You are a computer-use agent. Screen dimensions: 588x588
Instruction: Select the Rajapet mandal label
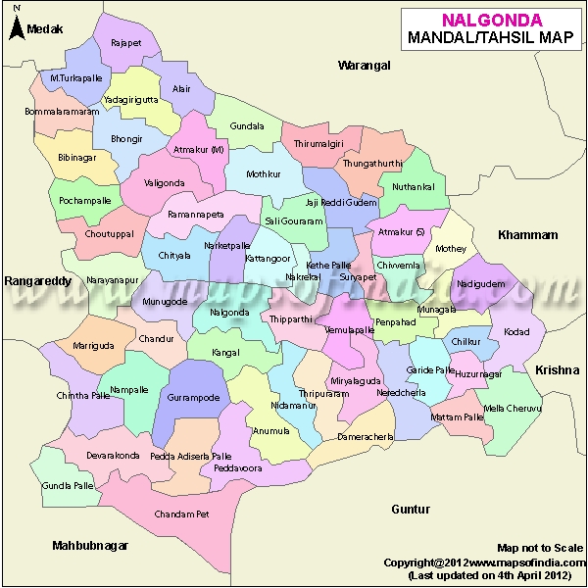click(126, 43)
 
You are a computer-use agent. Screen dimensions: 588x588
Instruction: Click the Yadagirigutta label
click(136, 100)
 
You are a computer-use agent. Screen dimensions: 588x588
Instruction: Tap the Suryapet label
click(358, 277)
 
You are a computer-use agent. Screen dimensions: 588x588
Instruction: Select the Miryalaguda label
click(355, 379)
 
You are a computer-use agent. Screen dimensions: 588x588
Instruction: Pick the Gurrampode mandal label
click(199, 398)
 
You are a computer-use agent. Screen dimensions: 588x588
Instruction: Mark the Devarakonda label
click(113, 456)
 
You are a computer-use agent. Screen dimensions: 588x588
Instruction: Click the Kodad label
click(516, 332)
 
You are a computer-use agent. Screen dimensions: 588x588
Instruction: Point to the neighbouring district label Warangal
click(364, 66)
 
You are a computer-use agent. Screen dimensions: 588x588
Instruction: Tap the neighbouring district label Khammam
click(527, 235)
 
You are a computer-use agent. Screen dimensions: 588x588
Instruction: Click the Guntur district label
click(411, 510)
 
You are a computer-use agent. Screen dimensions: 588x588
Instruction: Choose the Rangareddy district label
click(38, 281)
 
